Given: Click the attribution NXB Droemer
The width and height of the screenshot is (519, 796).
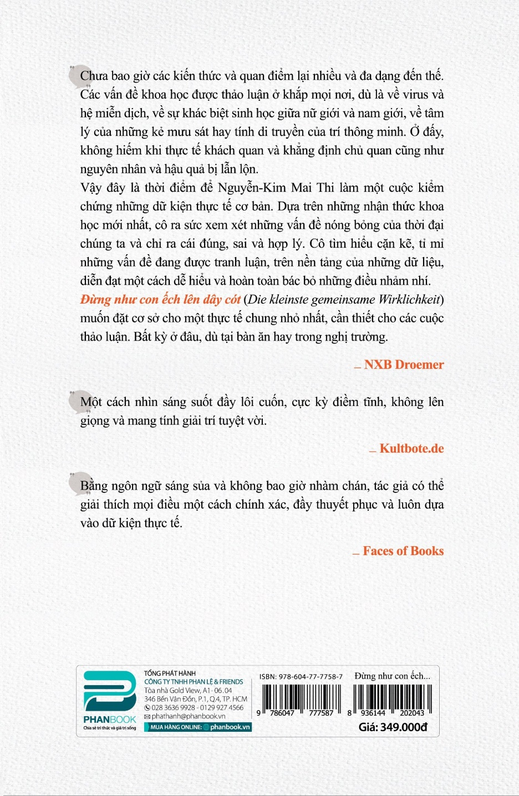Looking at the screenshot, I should (x=404, y=364).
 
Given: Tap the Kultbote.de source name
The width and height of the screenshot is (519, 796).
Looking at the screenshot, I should (x=411, y=449).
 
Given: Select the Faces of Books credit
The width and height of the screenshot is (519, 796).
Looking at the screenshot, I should (x=403, y=551).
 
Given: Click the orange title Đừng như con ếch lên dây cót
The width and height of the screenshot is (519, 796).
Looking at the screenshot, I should (x=160, y=300).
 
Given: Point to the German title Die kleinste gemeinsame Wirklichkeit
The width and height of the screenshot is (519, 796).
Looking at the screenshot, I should (x=344, y=300).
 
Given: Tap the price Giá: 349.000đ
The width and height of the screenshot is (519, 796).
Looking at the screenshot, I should (x=393, y=727).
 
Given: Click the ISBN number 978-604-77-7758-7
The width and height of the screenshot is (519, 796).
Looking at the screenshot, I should (x=311, y=676).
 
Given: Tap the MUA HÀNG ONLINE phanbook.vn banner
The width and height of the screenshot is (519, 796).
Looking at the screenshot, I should (x=198, y=727).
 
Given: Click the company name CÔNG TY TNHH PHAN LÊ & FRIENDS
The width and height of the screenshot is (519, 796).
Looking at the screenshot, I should (x=194, y=682).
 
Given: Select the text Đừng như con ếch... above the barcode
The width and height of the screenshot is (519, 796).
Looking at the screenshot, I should (x=392, y=676).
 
